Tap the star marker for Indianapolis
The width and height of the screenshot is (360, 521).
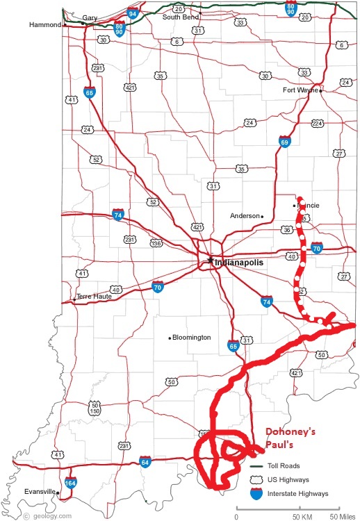coord(210,260)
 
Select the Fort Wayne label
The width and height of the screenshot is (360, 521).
coord(300,90)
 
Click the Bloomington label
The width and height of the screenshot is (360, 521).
coord(192,338)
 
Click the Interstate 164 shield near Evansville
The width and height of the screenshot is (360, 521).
coord(70,483)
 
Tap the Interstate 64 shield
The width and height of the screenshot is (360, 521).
coord(145,461)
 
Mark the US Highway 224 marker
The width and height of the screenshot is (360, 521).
coord(318,123)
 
